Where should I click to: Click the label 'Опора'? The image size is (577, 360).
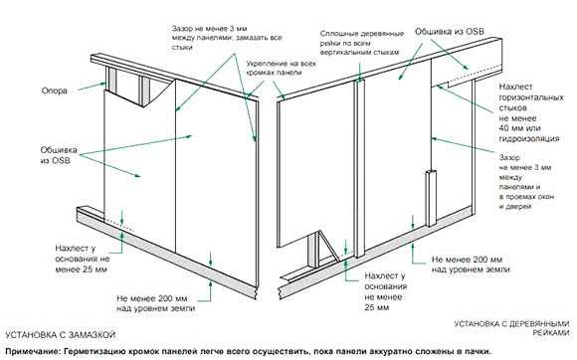click(55, 90)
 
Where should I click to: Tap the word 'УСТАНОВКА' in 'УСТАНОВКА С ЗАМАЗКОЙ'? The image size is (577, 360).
click(29, 335)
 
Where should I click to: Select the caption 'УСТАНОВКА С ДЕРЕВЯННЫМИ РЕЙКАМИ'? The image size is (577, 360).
click(511, 328)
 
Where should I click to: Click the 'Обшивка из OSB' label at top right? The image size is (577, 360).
click(450, 32)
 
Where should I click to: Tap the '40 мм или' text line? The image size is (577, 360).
click(519, 128)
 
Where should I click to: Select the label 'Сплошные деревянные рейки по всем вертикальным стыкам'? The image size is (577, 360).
click(362, 43)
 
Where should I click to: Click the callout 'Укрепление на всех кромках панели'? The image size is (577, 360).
click(282, 68)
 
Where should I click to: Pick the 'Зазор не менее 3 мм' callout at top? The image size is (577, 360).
click(227, 38)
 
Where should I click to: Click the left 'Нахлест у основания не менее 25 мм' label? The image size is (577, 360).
click(83, 259)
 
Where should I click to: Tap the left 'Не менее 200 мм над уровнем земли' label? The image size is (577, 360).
click(155, 303)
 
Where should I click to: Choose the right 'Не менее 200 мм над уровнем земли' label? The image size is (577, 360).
click(471, 265)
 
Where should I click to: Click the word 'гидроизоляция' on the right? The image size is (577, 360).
click(529, 138)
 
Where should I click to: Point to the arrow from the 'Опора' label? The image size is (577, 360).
click(92, 87)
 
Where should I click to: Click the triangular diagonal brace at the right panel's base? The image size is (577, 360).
click(328, 246)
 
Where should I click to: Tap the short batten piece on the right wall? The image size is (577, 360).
click(431, 199)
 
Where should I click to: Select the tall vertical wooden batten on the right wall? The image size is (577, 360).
click(359, 168)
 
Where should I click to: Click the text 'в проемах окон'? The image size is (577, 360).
click(526, 197)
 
